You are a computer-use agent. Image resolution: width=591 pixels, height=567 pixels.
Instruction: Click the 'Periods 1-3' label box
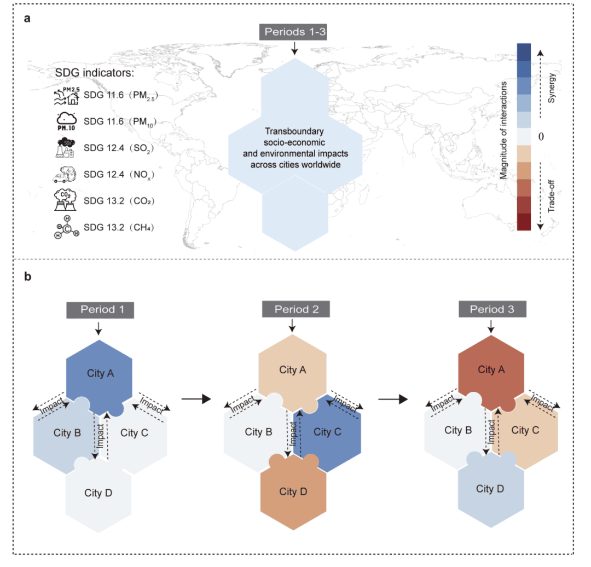293,32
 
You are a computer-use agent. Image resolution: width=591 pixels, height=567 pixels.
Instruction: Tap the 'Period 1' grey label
100,310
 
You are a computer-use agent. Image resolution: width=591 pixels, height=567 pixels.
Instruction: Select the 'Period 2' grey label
296,309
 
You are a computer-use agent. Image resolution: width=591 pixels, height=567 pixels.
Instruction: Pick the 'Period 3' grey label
493,309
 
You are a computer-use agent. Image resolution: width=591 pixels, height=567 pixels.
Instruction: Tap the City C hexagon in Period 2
328,432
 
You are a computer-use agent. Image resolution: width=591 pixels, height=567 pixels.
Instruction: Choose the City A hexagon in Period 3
491,369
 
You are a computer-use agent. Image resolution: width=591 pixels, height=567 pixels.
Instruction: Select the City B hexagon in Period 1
66,433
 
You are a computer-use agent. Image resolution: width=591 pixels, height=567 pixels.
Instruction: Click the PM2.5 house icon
67,96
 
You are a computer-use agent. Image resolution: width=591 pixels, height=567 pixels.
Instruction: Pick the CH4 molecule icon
67,227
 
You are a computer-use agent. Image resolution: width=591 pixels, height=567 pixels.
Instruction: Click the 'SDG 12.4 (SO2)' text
119,148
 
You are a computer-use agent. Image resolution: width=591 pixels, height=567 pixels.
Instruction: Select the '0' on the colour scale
541,136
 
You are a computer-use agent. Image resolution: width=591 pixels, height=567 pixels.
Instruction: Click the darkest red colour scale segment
524,222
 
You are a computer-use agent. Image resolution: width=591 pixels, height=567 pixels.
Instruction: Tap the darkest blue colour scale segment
524,52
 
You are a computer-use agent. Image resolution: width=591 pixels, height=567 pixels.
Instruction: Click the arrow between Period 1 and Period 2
196,399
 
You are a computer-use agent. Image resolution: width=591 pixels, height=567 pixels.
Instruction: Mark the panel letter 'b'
27,276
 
